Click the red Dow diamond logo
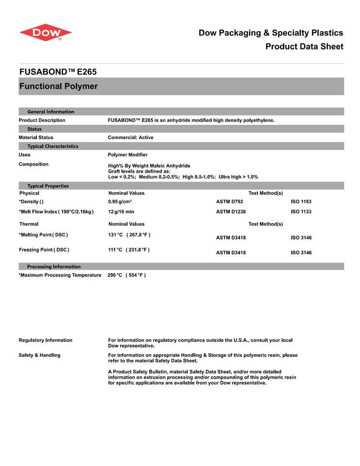(46, 32)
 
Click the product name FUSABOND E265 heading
(58, 72)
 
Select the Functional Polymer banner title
(58, 86)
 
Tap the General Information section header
(51, 112)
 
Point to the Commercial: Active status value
(131, 138)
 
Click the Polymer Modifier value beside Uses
(128, 155)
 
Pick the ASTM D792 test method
(229, 202)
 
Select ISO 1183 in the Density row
(301, 202)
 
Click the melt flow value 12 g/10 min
(121, 212)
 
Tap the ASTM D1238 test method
(231, 212)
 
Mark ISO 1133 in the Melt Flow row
(301, 212)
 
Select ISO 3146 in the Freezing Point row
(301, 253)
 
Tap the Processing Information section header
(54, 266)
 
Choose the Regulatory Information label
(46, 340)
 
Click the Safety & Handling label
(39, 355)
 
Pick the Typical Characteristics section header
(53, 146)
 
